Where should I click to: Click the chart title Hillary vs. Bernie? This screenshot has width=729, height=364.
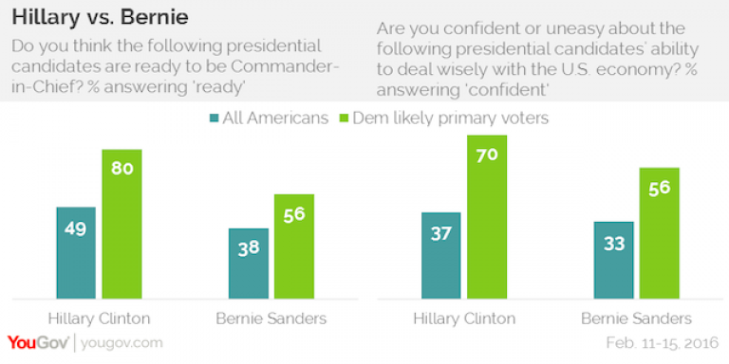coord(100,18)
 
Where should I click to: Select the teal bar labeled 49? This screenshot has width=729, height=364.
coord(76,252)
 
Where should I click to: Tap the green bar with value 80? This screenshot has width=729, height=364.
coord(121,224)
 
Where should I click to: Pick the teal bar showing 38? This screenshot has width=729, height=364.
coord(249,264)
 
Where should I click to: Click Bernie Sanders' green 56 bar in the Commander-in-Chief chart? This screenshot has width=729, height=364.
coord(294,246)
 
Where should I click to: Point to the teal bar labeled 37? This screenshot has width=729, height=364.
coord(440,255)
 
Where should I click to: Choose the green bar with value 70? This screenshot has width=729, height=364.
coord(487,217)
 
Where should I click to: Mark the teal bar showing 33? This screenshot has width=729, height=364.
coord(613,260)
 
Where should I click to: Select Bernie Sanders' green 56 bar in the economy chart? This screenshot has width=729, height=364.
coord(660,233)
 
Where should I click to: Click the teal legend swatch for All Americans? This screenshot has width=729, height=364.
coord(214,118)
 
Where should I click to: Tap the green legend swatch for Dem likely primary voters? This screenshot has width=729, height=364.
coord(344,118)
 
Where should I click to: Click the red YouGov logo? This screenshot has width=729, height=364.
coord(38,343)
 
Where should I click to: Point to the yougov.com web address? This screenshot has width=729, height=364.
coord(121,344)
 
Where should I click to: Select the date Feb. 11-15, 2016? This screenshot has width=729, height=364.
coord(664,343)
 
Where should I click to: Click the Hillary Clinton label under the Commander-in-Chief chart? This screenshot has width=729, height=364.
coord(99,318)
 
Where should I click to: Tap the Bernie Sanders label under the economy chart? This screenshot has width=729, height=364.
coord(636,318)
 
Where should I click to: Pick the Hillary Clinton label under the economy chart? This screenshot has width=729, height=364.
coord(464,318)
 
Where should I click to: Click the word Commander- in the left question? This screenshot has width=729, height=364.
coord(286,66)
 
